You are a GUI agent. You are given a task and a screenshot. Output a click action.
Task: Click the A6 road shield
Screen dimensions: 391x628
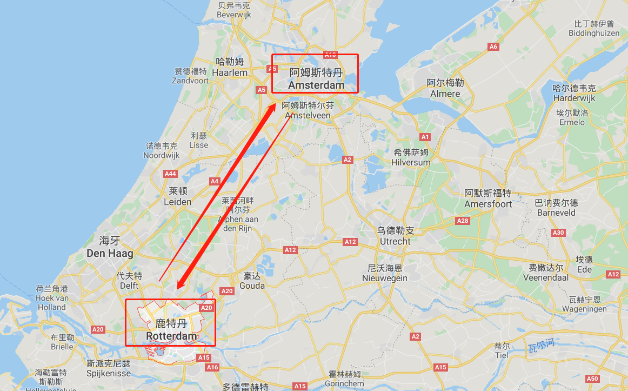point(493,47)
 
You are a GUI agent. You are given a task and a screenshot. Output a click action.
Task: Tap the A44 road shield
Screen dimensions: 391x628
point(171,174)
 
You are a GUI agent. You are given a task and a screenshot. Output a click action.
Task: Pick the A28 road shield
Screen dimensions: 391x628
point(463,221)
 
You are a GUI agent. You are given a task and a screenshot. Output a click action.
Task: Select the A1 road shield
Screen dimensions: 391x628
point(425,137)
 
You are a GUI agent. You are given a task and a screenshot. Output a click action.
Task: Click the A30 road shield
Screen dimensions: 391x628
point(558,233)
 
